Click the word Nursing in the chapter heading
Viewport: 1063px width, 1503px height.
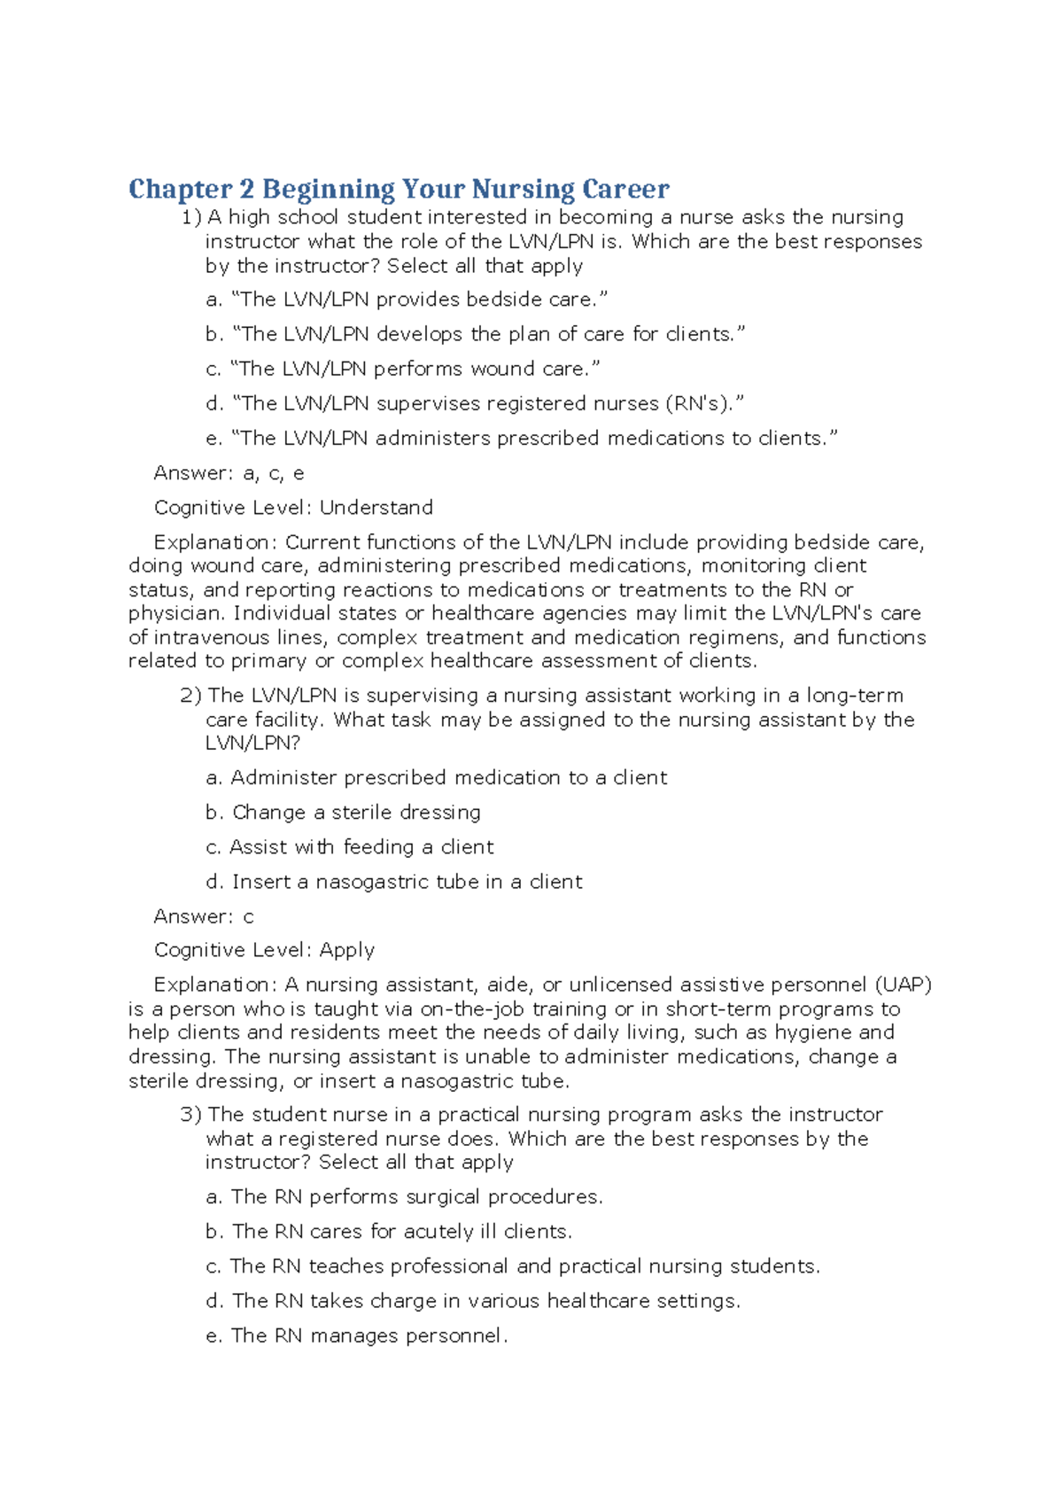pyautogui.click(x=523, y=190)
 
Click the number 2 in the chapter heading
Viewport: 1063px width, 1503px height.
pyautogui.click(x=246, y=190)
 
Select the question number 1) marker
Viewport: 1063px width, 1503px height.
pyautogui.click(x=191, y=218)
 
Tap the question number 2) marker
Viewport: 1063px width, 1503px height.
pyautogui.click(x=191, y=696)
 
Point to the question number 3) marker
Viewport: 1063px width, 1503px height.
pyautogui.click(x=191, y=1115)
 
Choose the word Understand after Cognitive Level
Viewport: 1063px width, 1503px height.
pyautogui.click(x=376, y=508)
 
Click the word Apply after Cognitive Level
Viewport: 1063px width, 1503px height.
pyautogui.click(x=347, y=950)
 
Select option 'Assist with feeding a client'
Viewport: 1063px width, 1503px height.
pyautogui.click(x=350, y=847)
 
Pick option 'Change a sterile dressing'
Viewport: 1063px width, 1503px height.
pyautogui.click(x=344, y=813)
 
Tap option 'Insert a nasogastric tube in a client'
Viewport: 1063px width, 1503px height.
pyautogui.click(x=394, y=882)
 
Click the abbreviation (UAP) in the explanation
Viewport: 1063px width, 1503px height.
pyautogui.click(x=904, y=985)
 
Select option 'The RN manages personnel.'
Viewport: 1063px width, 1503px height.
pyautogui.click(x=357, y=1336)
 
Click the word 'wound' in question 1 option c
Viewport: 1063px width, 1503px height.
pyautogui.click(x=502, y=369)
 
